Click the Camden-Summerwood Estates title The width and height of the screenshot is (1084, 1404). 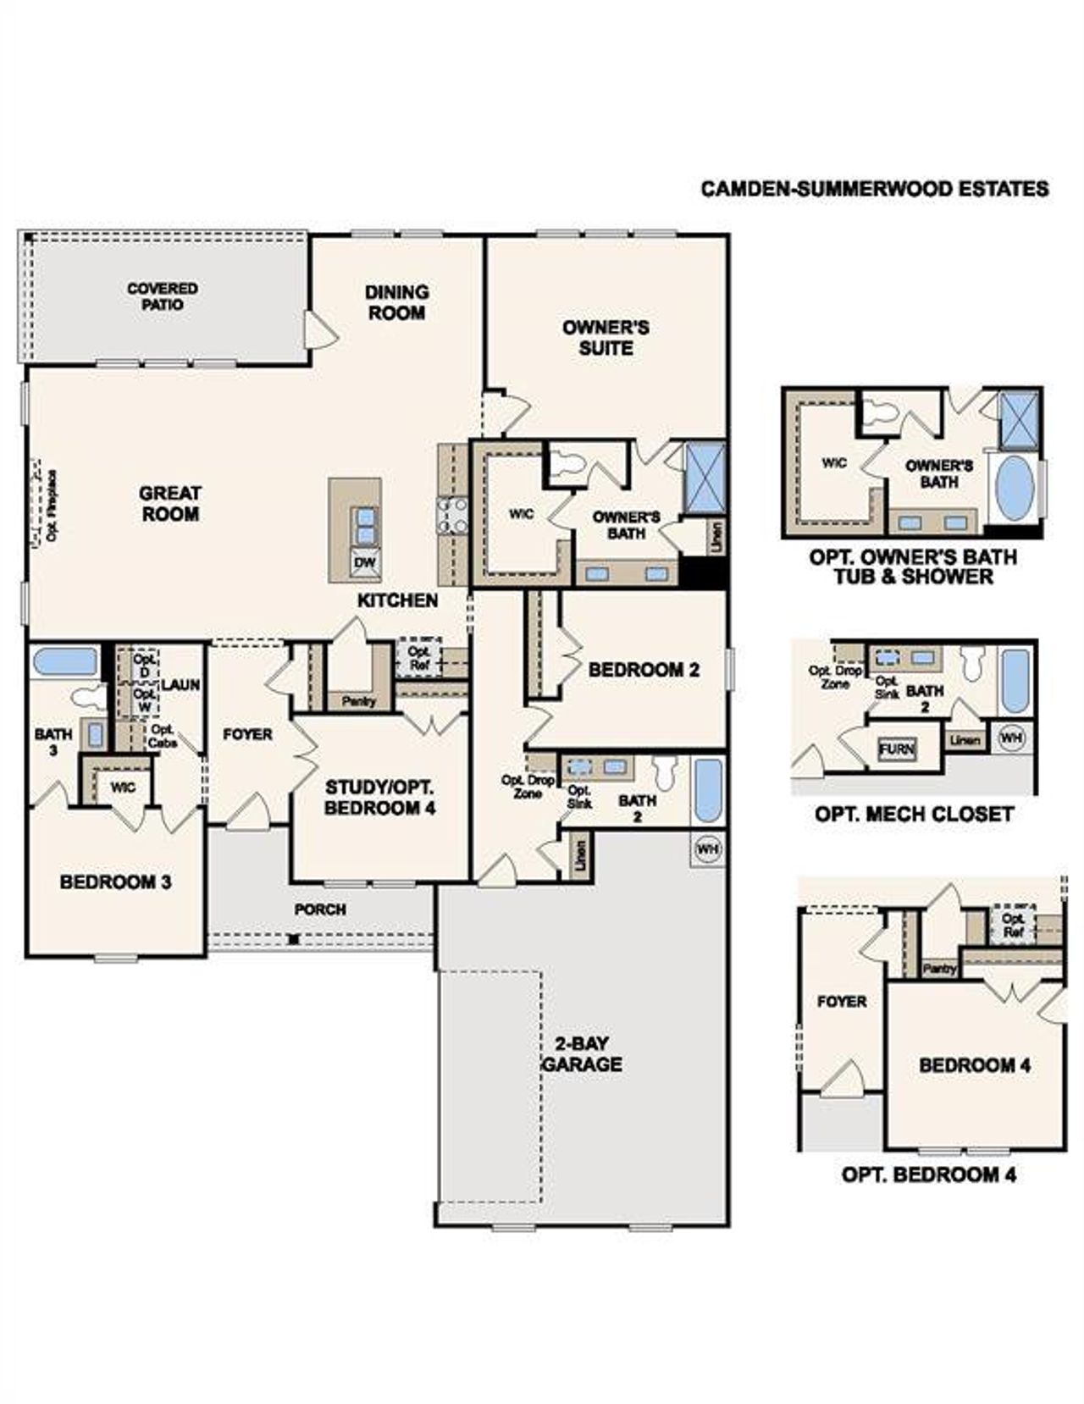pyautogui.click(x=874, y=189)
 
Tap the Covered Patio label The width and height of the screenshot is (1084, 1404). pyautogui.click(x=163, y=296)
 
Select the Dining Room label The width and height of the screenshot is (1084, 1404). pyautogui.click(x=396, y=302)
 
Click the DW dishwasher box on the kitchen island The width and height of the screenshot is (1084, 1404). pyautogui.click(x=365, y=563)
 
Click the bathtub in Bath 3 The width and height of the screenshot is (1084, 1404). pyautogui.click(x=64, y=661)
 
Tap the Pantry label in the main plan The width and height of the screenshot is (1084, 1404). pyautogui.click(x=359, y=701)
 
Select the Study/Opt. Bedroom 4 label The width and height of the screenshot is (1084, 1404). pyautogui.click(x=380, y=798)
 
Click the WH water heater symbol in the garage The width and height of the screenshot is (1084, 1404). pyautogui.click(x=708, y=848)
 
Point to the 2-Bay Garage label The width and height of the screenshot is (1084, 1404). pyautogui.click(x=582, y=1054)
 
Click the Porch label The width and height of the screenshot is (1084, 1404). pyautogui.click(x=320, y=909)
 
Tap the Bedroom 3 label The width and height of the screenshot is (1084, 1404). pyautogui.click(x=115, y=882)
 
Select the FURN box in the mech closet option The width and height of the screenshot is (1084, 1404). pyautogui.click(x=897, y=749)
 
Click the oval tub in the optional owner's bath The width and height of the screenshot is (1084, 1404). pyautogui.click(x=1014, y=489)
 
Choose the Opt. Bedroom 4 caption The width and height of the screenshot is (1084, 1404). pyautogui.click(x=928, y=1175)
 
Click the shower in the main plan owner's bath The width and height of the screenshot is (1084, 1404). pyautogui.click(x=704, y=478)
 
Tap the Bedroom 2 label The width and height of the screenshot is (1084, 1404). pyautogui.click(x=644, y=670)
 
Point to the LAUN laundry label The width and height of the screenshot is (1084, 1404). pyautogui.click(x=180, y=684)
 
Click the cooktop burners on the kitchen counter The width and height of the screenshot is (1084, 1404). pyautogui.click(x=452, y=516)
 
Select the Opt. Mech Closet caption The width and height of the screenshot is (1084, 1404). pyautogui.click(x=914, y=815)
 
